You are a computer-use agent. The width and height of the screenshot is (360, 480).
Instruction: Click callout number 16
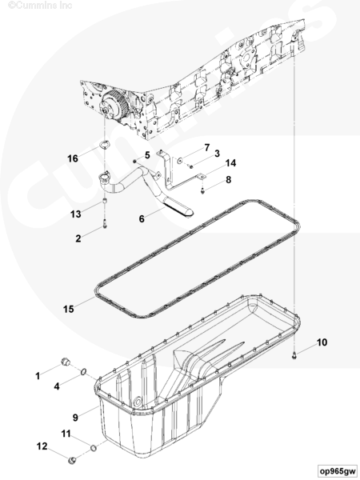click(x=73, y=158)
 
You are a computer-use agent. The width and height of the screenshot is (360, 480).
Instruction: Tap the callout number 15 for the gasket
click(x=69, y=309)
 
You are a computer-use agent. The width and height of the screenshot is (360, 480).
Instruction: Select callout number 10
click(x=322, y=342)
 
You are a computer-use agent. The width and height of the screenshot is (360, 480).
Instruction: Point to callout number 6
click(x=142, y=219)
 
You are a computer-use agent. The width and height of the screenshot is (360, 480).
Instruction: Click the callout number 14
click(x=231, y=163)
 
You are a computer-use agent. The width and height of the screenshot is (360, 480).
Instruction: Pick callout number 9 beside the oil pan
click(x=75, y=418)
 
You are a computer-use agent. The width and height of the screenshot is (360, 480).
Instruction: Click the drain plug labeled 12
click(x=73, y=459)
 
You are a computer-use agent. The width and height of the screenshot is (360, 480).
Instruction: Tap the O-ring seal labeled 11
click(x=94, y=449)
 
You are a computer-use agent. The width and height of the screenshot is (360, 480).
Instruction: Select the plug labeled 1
click(x=65, y=362)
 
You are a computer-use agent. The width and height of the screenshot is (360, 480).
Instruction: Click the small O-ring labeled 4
click(x=83, y=372)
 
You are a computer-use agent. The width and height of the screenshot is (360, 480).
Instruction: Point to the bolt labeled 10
click(x=294, y=356)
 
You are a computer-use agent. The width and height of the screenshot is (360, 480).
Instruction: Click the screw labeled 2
click(x=105, y=227)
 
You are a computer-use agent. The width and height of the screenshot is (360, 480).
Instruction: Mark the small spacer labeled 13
click(x=104, y=202)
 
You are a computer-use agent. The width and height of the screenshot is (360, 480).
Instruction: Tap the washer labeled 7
click(x=180, y=159)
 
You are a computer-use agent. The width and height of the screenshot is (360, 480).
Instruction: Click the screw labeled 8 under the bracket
click(x=202, y=190)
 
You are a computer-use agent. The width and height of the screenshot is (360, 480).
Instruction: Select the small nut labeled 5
click(x=134, y=161)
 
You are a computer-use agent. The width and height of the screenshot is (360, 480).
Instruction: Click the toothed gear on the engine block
click(x=114, y=105)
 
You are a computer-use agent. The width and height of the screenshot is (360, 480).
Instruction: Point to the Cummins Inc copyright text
click(x=40, y=5)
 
